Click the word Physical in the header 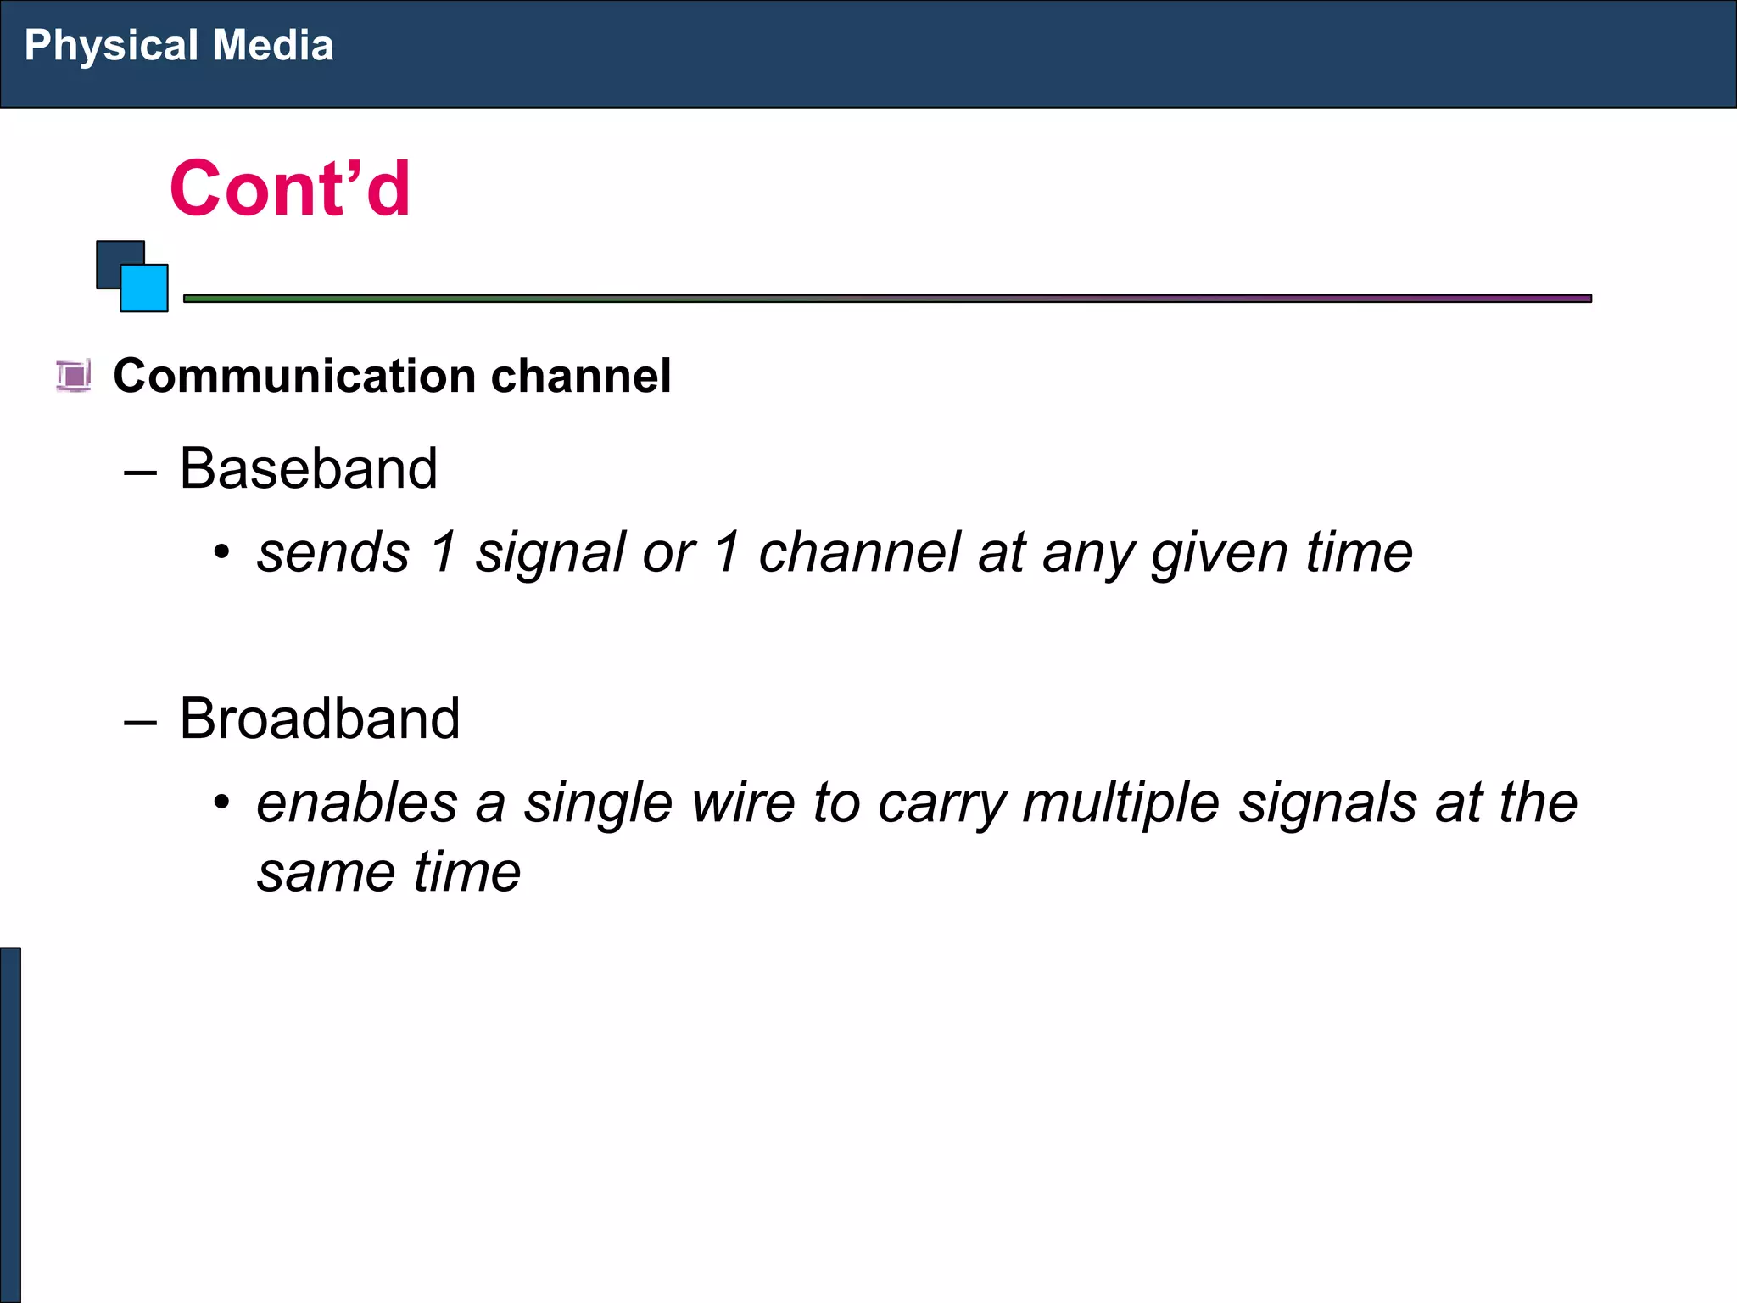click(111, 46)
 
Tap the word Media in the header click(272, 46)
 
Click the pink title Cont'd click(290, 188)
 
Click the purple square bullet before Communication click(74, 375)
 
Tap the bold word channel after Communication click(581, 376)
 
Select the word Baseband click(309, 468)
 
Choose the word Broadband click(320, 719)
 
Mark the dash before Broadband click(140, 722)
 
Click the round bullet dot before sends click(222, 553)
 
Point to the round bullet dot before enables click(222, 802)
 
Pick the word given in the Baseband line click(1220, 553)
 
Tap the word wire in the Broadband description click(743, 802)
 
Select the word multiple click(1121, 802)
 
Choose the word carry click(942, 802)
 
